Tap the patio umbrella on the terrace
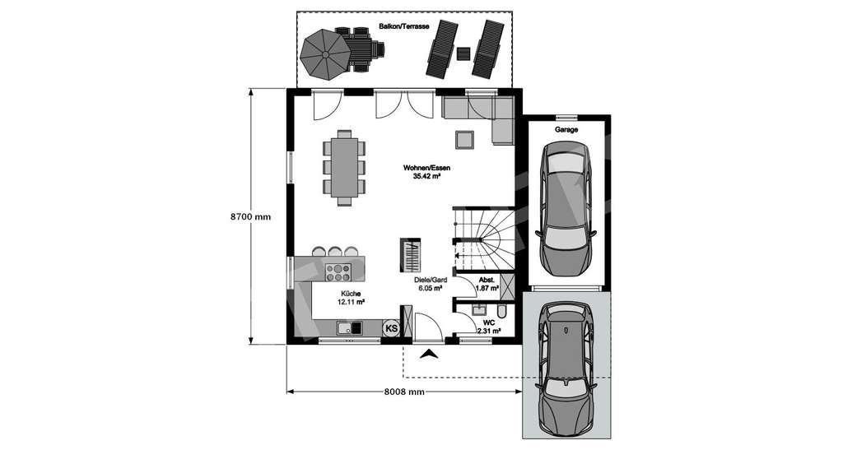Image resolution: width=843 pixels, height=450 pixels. pyautogui.click(x=324, y=54)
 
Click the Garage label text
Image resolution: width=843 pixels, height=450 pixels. pyautogui.click(x=566, y=130)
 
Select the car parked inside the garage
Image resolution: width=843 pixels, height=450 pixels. pyautogui.click(x=565, y=211)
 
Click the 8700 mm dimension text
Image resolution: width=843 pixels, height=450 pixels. pyautogui.click(x=249, y=218)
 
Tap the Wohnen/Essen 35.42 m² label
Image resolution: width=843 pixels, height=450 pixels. pyautogui.click(x=426, y=171)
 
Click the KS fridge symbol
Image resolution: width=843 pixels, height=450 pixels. pyautogui.click(x=392, y=328)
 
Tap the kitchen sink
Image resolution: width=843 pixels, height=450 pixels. pyautogui.click(x=349, y=329)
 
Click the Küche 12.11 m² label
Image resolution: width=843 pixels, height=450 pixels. pyautogui.click(x=351, y=298)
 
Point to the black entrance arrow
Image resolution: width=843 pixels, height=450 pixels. pyautogui.click(x=429, y=355)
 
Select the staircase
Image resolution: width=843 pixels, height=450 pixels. pyautogui.click(x=483, y=239)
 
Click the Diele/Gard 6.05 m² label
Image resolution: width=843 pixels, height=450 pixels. pyautogui.click(x=430, y=285)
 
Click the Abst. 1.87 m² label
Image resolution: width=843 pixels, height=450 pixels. pyautogui.click(x=487, y=285)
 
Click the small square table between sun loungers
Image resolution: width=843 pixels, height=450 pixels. pyautogui.click(x=463, y=54)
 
